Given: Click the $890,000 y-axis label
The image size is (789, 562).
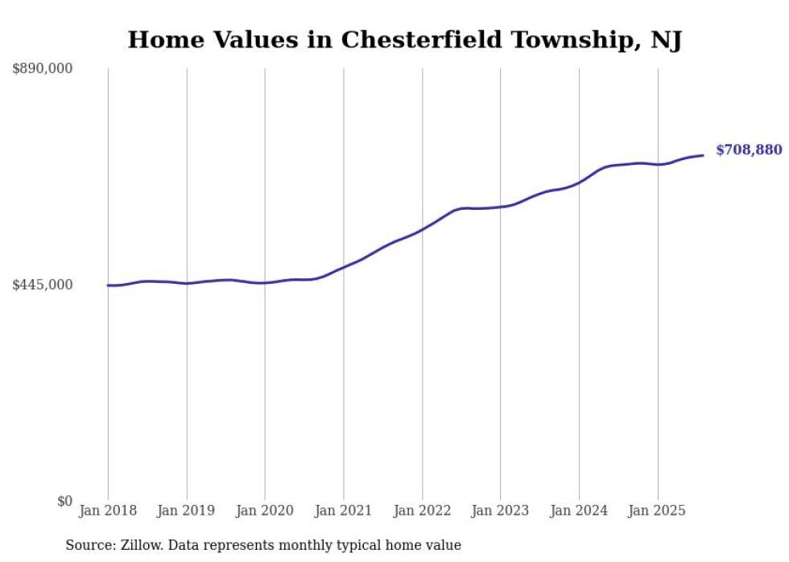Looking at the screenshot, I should tap(43, 69).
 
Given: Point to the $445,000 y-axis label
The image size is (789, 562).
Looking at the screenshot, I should tap(43, 285).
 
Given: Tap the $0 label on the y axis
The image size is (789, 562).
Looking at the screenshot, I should tap(64, 501).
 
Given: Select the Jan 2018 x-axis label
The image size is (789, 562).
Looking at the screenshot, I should tap(108, 511).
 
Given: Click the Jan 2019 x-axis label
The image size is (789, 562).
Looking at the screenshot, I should tap(186, 511).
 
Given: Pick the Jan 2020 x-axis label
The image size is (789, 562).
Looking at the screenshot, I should tap(265, 511).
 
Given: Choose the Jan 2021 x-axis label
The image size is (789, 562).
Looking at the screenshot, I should tap(343, 511).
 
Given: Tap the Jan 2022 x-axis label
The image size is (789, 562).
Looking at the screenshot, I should tap(422, 511).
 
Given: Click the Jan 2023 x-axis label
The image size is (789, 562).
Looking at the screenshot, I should tap(500, 511).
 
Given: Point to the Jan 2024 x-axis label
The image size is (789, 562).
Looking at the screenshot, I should tap(579, 511).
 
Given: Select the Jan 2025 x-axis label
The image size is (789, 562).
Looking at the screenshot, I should tap(657, 511).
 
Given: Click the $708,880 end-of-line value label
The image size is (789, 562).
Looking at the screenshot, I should tap(748, 150).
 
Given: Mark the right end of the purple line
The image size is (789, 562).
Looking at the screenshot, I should tap(703, 155).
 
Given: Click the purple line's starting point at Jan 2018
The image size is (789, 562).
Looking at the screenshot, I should tap(108, 285).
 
